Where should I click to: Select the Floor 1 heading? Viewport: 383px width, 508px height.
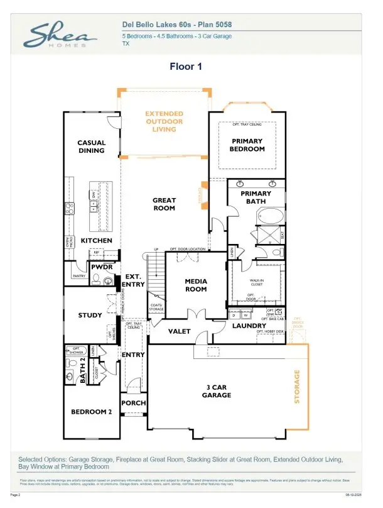[x=185, y=66]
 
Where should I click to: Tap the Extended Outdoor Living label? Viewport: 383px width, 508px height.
[x=164, y=121]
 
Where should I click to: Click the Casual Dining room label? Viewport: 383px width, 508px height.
[x=91, y=146]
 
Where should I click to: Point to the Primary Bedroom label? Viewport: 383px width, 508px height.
[x=247, y=145]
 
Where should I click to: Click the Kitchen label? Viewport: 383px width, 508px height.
[x=96, y=241]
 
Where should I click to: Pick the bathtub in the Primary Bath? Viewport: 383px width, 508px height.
[x=271, y=217]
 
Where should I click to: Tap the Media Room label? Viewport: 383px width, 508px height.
[x=196, y=285]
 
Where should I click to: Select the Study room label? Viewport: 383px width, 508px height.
[x=90, y=315]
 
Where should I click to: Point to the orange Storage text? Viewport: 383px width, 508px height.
[x=298, y=387]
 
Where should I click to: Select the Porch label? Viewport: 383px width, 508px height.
[x=134, y=403]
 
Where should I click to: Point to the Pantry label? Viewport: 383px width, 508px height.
[x=78, y=276]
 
